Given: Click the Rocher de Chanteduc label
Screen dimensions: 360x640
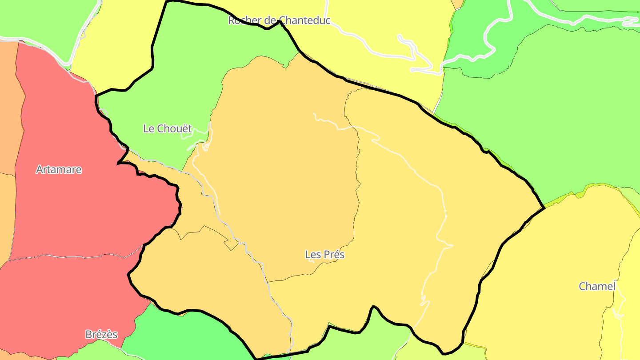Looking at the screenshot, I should (x=279, y=20).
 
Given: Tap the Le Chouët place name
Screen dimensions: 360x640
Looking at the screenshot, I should (x=167, y=129).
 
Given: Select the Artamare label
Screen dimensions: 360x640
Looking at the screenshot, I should (x=59, y=170).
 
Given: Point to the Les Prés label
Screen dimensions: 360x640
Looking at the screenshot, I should (x=324, y=255).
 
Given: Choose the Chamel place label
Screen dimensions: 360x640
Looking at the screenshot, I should (x=596, y=287).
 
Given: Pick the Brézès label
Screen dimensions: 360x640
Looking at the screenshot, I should (x=101, y=335).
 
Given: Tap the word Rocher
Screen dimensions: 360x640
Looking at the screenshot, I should (x=243, y=20).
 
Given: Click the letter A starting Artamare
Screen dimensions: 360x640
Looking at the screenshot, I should (x=39, y=170).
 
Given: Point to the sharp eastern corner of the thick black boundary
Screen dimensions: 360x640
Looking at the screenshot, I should (x=544, y=208).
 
